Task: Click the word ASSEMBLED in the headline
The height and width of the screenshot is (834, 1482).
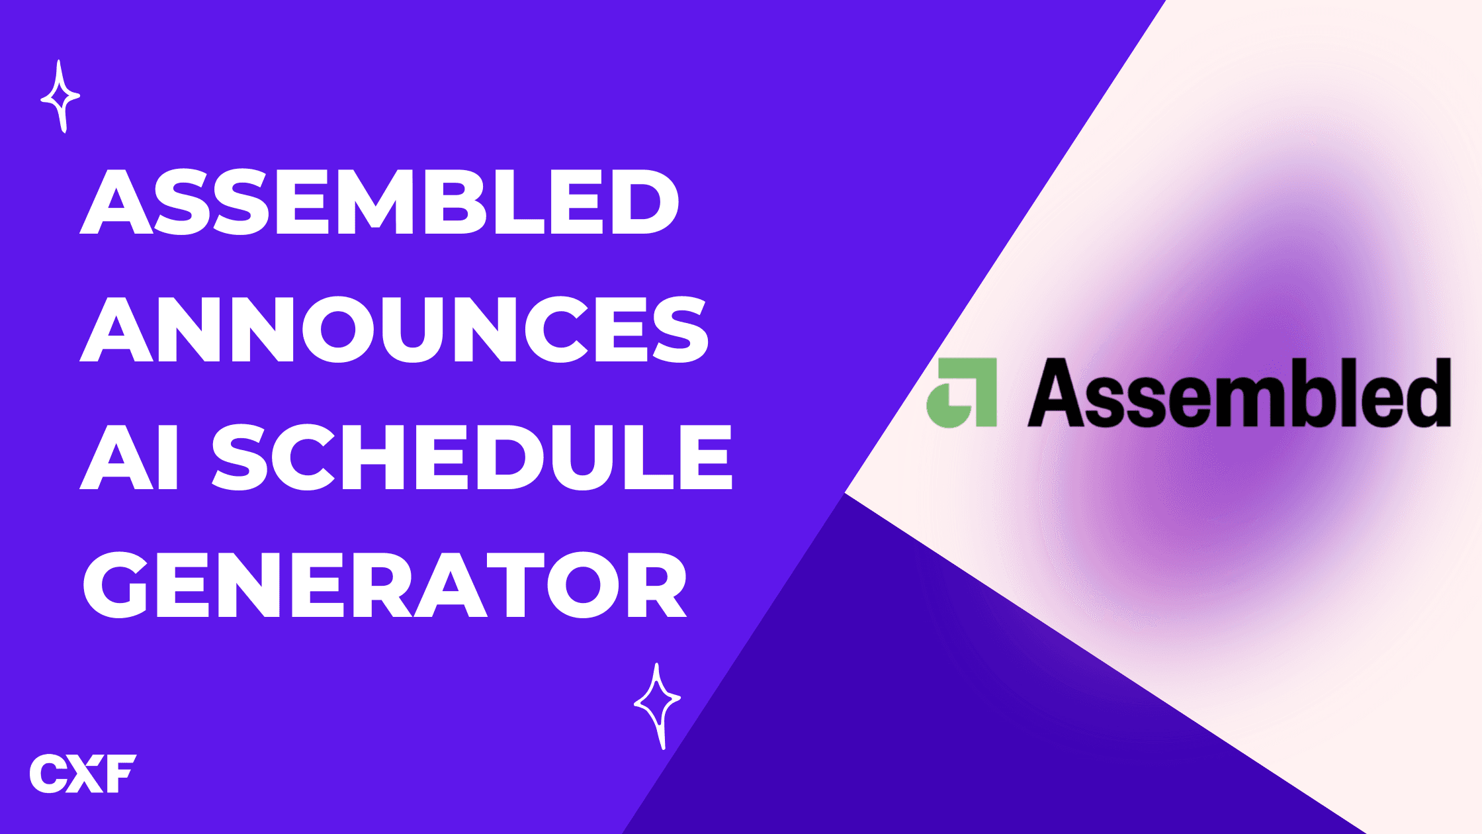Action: click(380, 203)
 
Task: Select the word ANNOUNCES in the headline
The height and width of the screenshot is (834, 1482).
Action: click(394, 330)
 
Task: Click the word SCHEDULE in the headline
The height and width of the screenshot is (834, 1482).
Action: click(472, 457)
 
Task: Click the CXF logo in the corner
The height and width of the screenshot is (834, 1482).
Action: click(83, 773)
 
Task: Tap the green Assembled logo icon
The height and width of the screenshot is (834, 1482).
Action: click(961, 393)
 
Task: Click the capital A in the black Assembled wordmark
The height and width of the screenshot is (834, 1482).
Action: click(1056, 393)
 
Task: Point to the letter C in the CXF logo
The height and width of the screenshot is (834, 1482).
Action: click(48, 773)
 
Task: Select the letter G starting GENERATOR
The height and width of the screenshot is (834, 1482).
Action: click(116, 585)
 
